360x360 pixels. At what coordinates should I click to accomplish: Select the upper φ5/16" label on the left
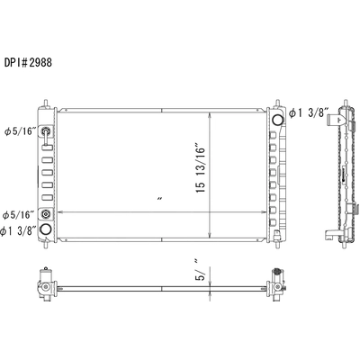[20, 131]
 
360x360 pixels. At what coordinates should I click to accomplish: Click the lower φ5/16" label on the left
[20, 214]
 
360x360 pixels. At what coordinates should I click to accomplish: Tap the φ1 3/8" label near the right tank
[307, 112]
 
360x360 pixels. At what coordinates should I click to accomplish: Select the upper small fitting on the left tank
[47, 133]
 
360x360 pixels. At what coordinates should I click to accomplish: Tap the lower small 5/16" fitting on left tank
[47, 213]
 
